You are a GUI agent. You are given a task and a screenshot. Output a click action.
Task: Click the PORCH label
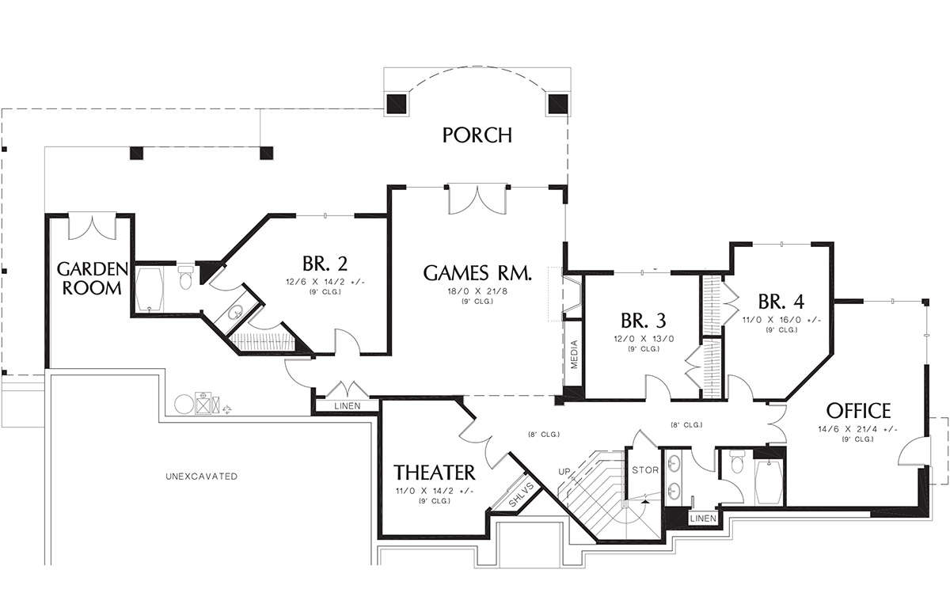click(x=477, y=135)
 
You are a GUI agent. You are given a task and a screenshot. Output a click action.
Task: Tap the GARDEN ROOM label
click(x=93, y=278)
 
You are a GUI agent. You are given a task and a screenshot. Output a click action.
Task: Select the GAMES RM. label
click(x=477, y=272)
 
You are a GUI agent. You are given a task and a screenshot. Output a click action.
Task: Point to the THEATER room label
click(x=435, y=473)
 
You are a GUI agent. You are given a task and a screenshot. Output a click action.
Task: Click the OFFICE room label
click(x=859, y=410)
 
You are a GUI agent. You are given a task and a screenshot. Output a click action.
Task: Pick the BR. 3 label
click(x=644, y=321)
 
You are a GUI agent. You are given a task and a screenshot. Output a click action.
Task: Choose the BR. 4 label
click(x=781, y=302)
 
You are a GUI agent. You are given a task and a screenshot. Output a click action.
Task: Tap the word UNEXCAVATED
click(x=201, y=477)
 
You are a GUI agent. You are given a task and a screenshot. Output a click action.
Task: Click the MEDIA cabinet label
click(x=574, y=355)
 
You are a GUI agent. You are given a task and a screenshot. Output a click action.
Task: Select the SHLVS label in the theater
click(x=521, y=495)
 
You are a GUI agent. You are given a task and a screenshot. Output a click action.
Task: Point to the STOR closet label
click(x=645, y=469)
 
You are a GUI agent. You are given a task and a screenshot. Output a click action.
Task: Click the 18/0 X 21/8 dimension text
click(x=477, y=291)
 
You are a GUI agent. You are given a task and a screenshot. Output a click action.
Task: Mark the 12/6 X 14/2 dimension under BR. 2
click(x=325, y=282)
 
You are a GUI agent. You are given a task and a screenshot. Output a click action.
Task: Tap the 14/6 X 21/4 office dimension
click(x=857, y=429)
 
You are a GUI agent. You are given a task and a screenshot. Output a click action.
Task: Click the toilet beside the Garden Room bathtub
click(x=185, y=277)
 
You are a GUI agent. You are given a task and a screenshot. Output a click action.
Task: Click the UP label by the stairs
click(x=564, y=472)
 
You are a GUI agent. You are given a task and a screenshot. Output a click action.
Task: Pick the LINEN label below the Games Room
click(x=348, y=406)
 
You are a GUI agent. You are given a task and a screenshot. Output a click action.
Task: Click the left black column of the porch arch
click(x=397, y=104)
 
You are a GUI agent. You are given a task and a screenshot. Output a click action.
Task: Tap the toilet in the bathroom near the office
click(x=738, y=462)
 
